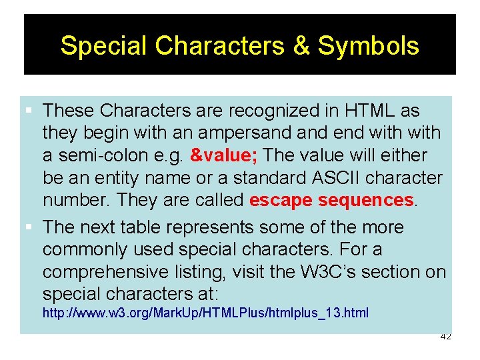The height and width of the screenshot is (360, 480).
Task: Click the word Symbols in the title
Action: point(368,46)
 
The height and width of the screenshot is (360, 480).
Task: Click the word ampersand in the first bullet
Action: point(241,133)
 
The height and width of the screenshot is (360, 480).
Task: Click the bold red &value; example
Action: point(225,155)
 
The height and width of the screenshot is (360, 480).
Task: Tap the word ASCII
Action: point(341,178)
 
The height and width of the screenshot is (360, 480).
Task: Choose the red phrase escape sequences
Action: point(331,201)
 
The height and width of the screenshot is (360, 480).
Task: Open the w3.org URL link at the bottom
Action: point(205,313)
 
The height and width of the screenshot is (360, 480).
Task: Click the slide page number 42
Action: point(446,337)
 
